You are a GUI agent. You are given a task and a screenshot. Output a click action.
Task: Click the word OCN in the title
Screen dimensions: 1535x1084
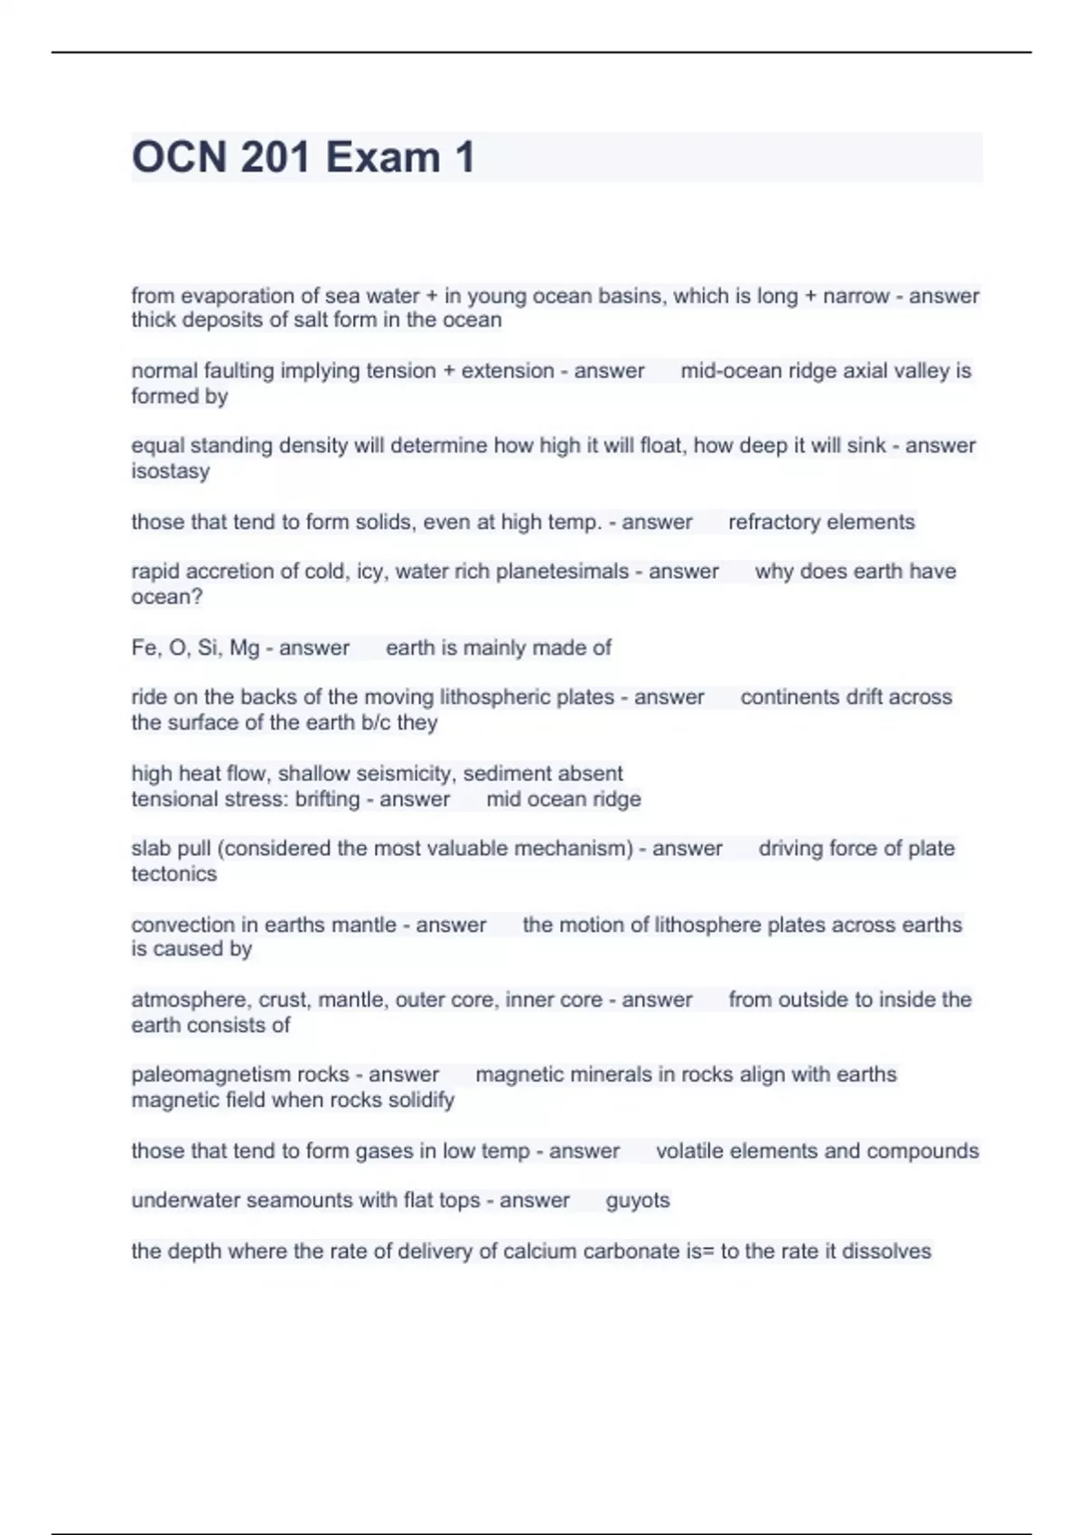tap(179, 157)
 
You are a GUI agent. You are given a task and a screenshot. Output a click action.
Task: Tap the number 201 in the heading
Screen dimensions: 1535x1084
tap(276, 157)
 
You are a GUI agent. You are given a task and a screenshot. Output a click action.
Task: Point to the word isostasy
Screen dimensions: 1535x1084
tap(170, 471)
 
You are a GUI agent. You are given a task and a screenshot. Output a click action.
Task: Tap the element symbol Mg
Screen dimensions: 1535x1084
tap(245, 647)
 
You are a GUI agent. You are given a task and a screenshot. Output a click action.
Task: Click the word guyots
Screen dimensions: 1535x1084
tap(638, 1200)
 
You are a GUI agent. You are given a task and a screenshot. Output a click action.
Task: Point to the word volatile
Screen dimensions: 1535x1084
tap(689, 1150)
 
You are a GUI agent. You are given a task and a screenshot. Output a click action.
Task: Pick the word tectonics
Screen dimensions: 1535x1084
tap(174, 874)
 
